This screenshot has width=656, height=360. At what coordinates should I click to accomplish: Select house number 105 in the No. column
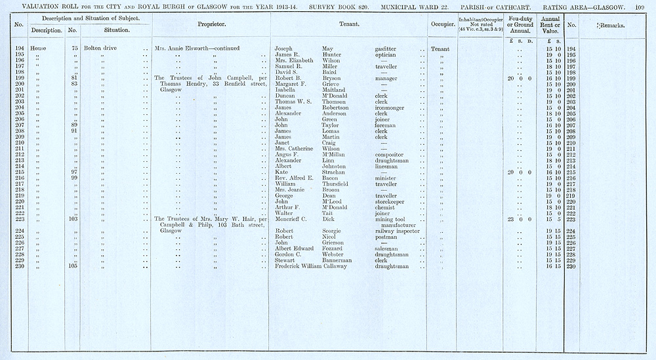point(73,267)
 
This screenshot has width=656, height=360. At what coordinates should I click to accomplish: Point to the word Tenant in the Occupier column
point(440,49)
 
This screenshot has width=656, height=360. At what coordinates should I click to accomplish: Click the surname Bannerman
point(338,261)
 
